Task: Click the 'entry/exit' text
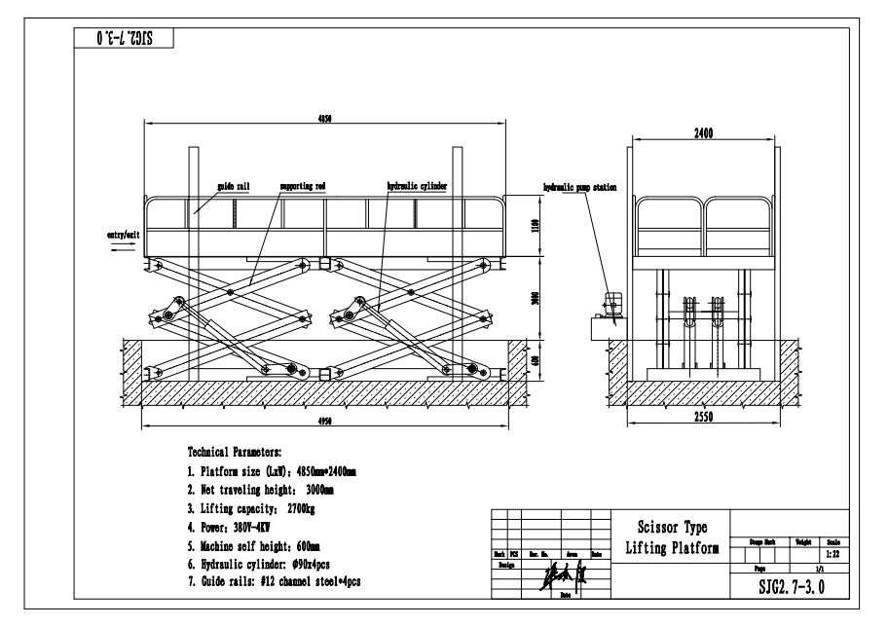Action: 125,235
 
